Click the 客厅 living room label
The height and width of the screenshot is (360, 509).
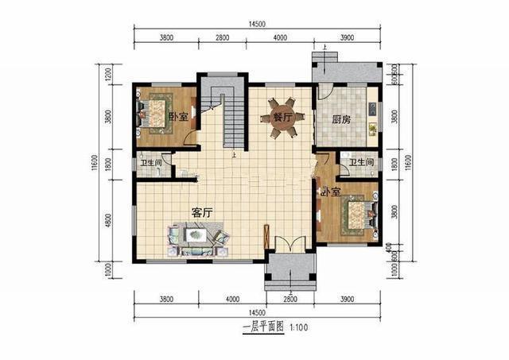[x=203, y=212]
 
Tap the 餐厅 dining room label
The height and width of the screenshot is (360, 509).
[x=284, y=117]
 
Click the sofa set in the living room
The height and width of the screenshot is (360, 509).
[x=196, y=238]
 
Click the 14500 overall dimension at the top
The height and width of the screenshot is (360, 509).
[x=256, y=25]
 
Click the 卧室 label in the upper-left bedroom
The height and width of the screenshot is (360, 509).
[x=178, y=117]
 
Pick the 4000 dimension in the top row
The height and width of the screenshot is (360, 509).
[x=280, y=37]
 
